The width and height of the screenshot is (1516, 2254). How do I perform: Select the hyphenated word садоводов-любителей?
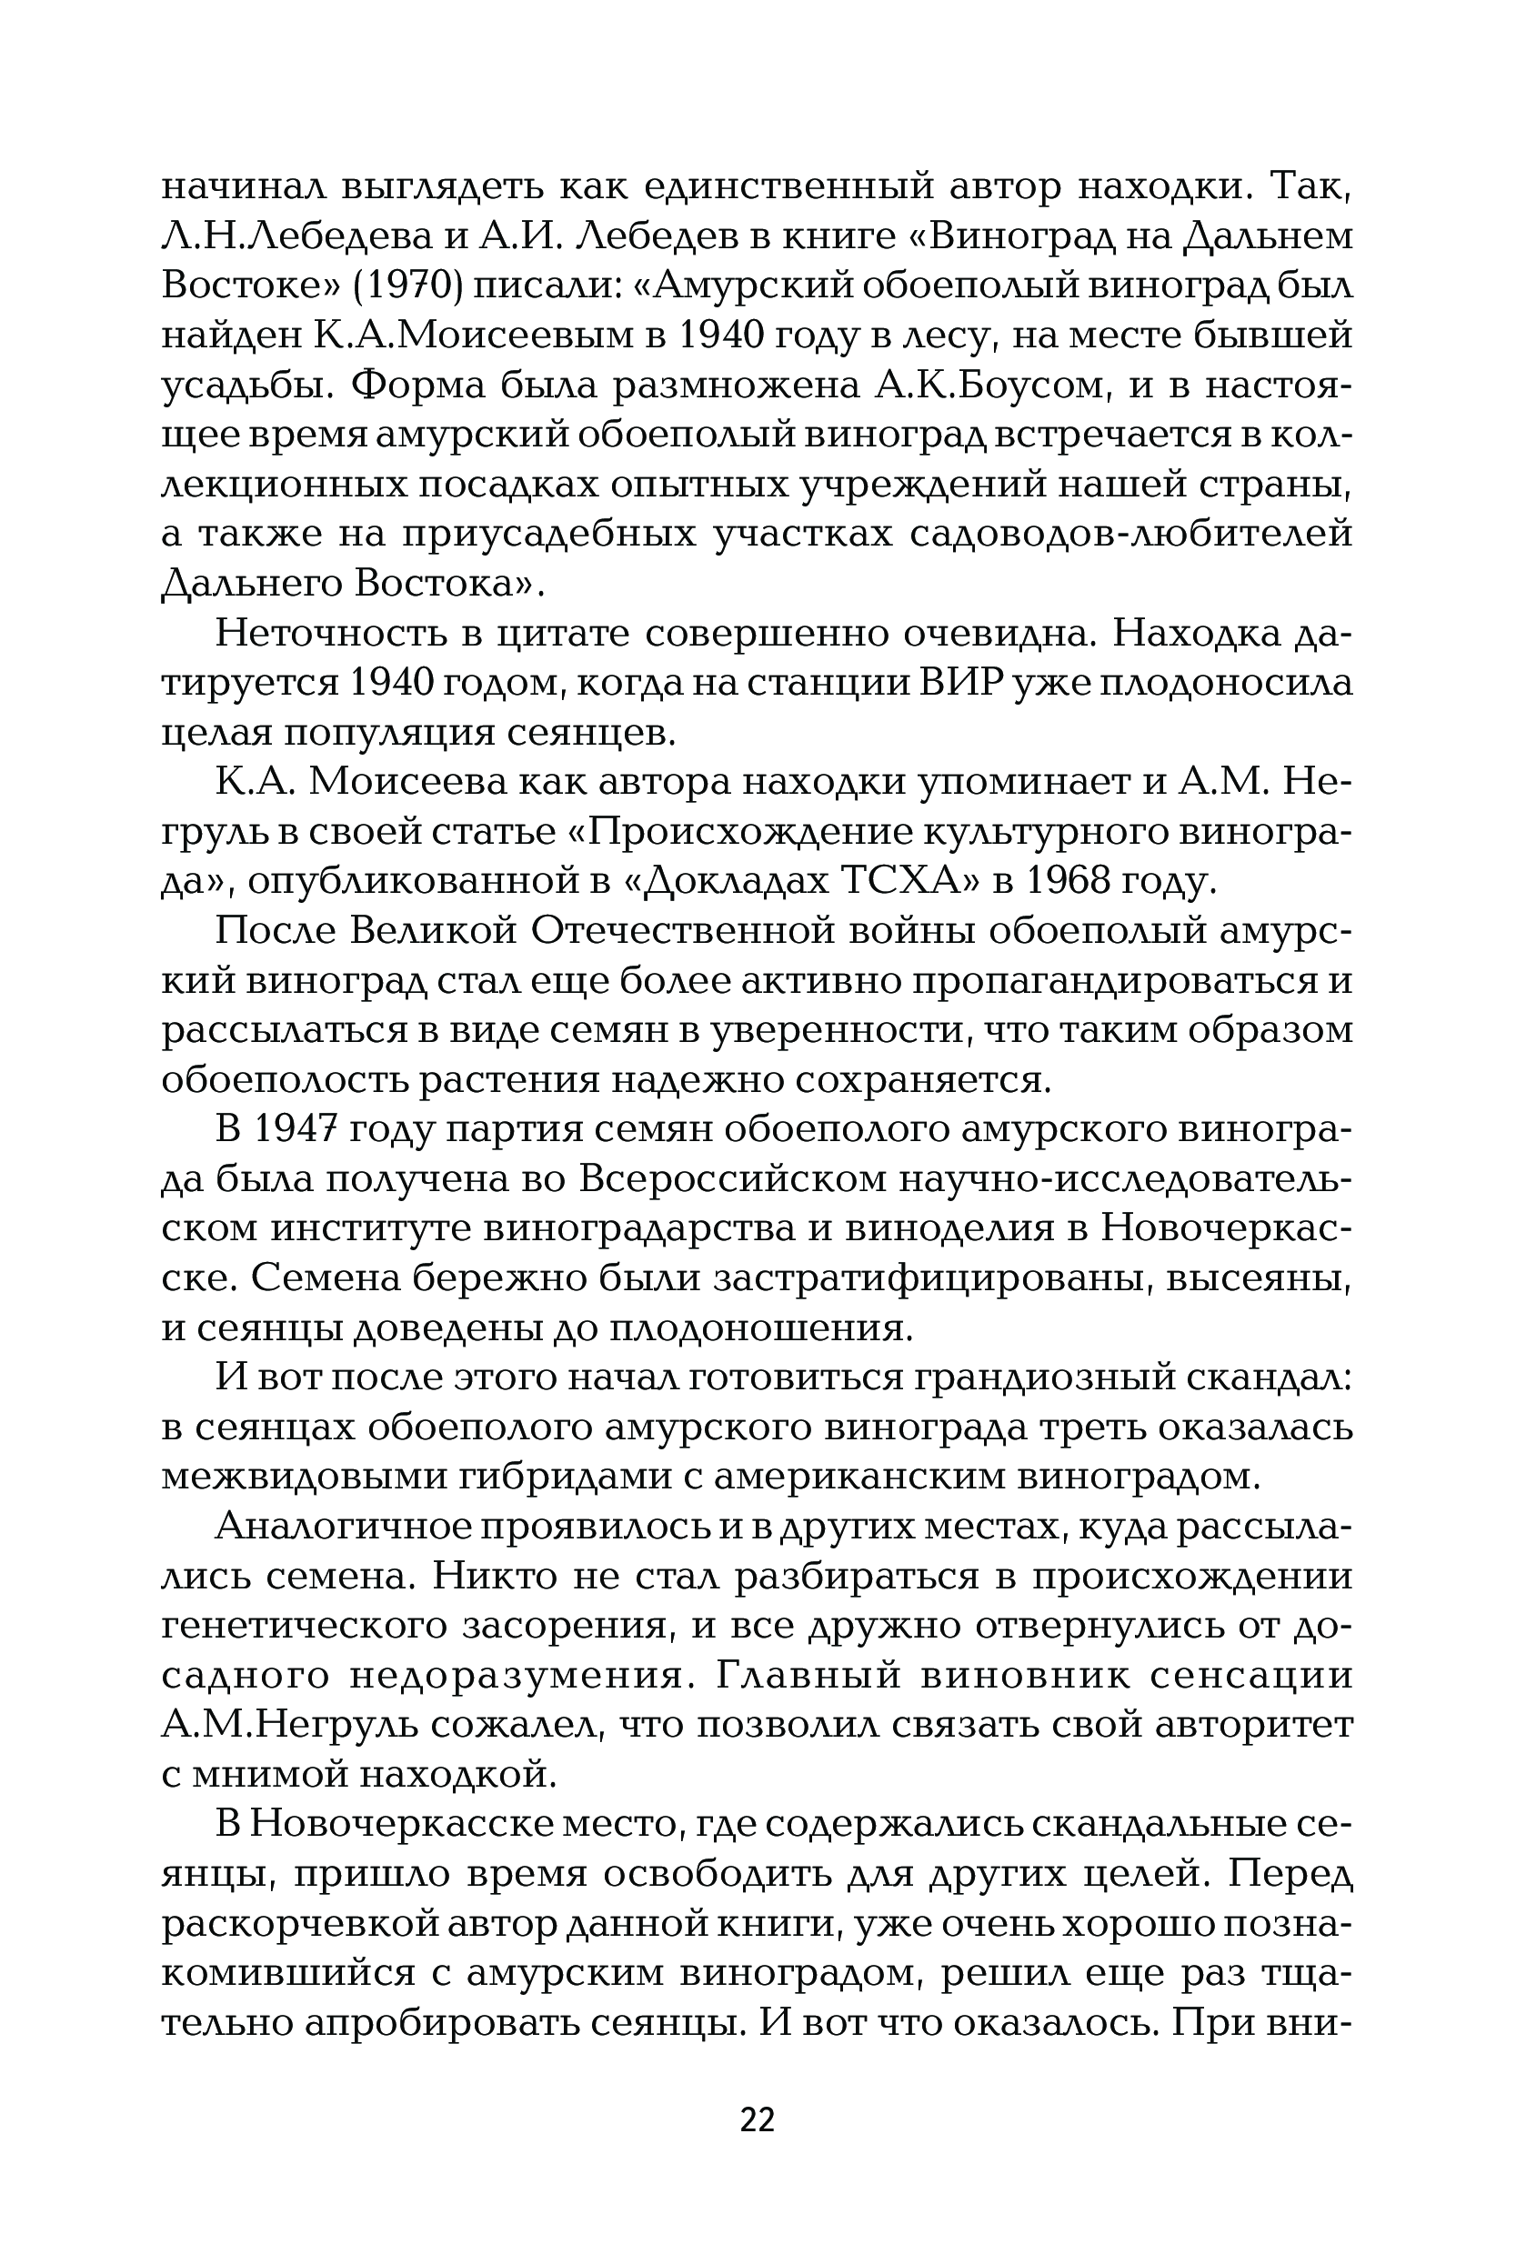point(1132,534)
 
